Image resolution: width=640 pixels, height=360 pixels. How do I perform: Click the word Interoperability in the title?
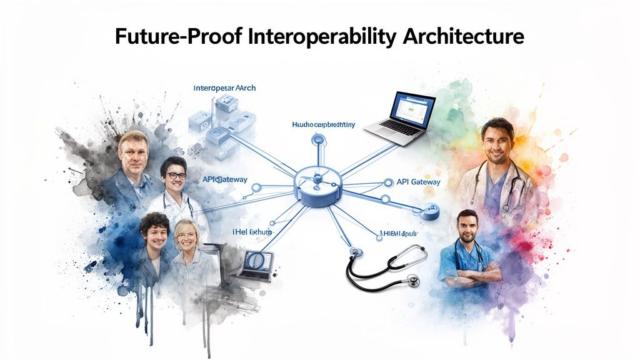click(322, 37)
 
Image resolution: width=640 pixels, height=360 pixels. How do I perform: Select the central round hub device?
click(319, 182)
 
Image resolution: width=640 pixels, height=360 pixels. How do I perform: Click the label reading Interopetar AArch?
click(224, 88)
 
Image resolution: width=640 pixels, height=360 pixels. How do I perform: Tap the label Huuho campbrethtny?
click(323, 125)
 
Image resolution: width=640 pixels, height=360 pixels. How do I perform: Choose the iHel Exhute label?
click(248, 232)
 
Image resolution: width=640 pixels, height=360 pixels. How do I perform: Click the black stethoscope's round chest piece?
click(412, 281)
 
